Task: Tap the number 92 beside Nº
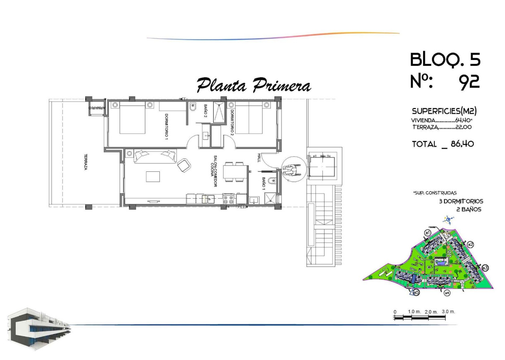[x=469, y=82]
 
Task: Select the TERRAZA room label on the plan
[x=86, y=162]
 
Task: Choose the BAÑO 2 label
[x=205, y=110]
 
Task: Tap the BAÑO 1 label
[x=264, y=182]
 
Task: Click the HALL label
[x=259, y=158]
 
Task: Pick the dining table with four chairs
[x=234, y=172]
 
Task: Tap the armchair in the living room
[x=184, y=166]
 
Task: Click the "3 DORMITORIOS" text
[x=461, y=202]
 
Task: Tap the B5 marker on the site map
[x=416, y=293]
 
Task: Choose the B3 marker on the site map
[x=485, y=268]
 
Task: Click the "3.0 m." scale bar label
[x=448, y=311]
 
